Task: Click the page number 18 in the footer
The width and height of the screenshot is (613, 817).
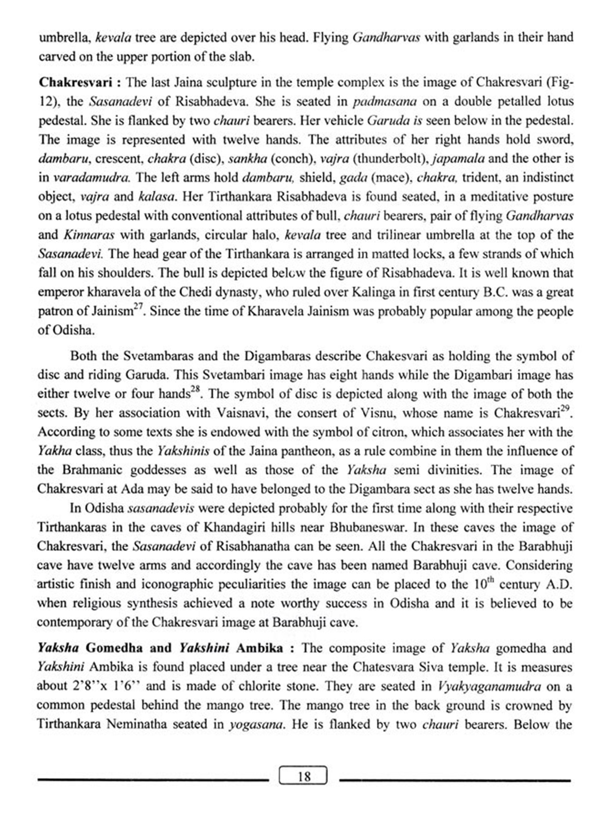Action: [304, 776]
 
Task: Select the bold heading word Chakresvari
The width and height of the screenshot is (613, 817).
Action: [75, 83]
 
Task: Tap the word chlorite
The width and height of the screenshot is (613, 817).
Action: [267, 686]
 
